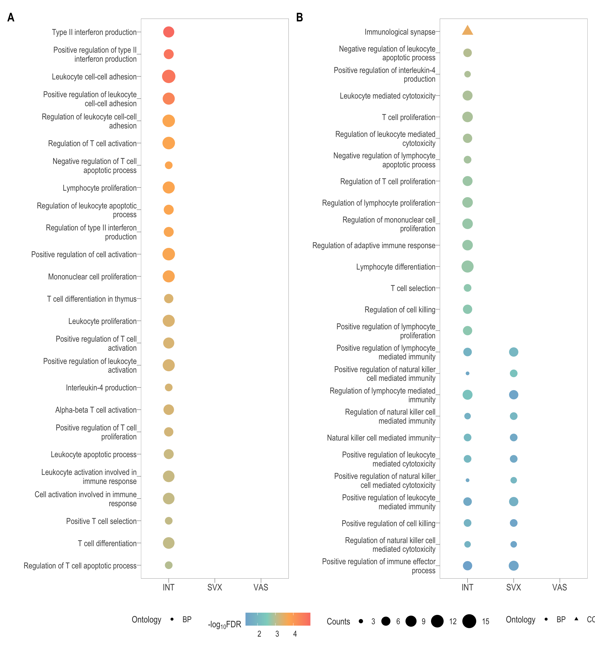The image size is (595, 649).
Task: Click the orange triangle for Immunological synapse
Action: click(467, 31)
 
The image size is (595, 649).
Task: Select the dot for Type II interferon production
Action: click(168, 32)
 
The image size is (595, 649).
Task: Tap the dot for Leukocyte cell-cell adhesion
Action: click(168, 77)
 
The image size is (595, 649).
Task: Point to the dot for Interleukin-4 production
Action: click(168, 387)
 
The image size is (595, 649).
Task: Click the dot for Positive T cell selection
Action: click(168, 521)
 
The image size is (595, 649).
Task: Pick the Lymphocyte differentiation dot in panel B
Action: click(467, 266)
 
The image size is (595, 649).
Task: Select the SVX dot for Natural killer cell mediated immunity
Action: click(513, 437)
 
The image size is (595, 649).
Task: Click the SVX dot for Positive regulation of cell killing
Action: click(513, 523)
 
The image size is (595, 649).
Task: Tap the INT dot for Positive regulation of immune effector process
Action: click(467, 566)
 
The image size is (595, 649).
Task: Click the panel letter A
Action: click(11, 17)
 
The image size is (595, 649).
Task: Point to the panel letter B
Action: click(299, 17)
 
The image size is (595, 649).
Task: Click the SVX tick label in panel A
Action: click(214, 588)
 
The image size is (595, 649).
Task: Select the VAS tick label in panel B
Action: click(559, 588)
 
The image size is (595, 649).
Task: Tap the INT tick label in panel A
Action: click(168, 588)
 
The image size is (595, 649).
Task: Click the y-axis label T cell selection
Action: click(413, 288)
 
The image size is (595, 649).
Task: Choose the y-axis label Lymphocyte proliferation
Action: click(99, 188)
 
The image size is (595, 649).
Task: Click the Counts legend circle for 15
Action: click(469, 621)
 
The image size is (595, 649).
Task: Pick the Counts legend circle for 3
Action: click(361, 621)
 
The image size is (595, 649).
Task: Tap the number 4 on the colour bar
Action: click(295, 634)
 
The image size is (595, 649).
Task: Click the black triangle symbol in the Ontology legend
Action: click(576, 619)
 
